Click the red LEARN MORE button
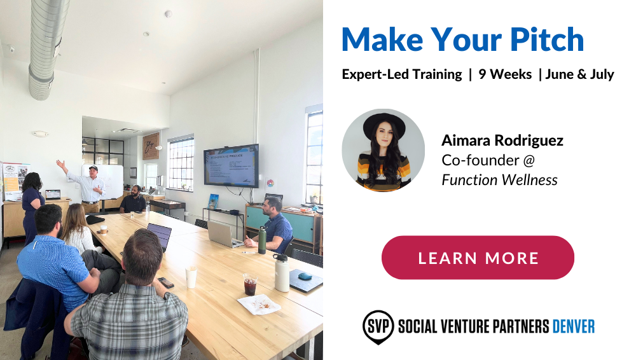point(478,258)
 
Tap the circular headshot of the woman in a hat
point(383,150)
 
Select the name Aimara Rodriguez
point(502,141)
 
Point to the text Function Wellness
point(499,180)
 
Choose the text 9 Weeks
point(505,74)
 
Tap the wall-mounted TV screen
point(231,165)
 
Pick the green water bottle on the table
point(262,240)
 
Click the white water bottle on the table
point(281,273)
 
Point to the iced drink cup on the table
point(250,284)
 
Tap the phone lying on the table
point(166,282)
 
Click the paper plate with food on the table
point(259,305)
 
